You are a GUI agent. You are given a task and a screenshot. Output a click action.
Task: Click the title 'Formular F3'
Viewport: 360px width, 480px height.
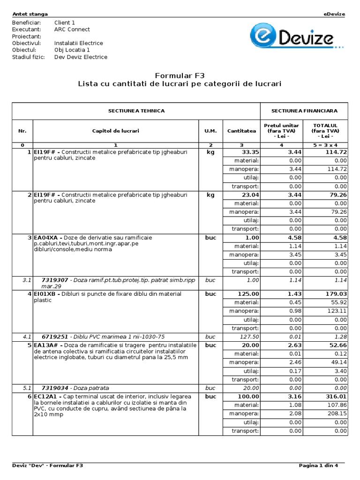[x=180, y=75]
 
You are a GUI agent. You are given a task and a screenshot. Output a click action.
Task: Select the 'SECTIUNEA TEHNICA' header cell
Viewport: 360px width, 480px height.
[x=136, y=111]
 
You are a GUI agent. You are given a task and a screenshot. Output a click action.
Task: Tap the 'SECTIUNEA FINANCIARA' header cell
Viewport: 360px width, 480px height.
[x=304, y=111]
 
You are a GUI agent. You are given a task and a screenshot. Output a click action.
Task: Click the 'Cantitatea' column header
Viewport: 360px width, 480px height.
[x=241, y=131]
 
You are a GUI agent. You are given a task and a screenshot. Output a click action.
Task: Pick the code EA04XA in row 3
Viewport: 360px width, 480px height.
[x=45, y=238]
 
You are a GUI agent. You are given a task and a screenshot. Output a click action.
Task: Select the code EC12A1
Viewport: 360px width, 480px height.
[x=45, y=396]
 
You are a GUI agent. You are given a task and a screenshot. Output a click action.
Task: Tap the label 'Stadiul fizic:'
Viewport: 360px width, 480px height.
[x=28, y=57]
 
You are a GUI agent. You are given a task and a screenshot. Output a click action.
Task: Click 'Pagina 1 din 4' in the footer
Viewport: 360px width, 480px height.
[x=322, y=465]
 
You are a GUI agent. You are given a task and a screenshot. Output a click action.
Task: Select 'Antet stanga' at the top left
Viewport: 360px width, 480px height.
[x=29, y=14]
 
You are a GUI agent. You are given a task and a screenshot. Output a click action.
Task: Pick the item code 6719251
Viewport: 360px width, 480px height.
[x=55, y=336]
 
